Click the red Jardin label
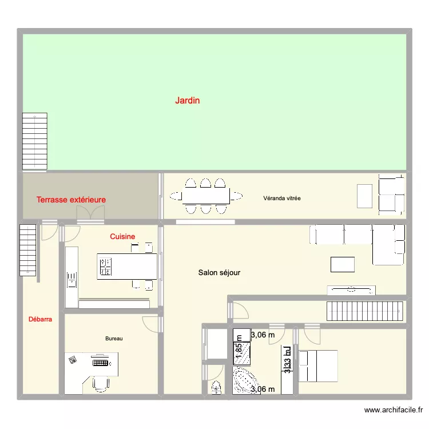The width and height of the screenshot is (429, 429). click(188, 101)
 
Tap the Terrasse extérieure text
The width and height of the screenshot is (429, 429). click(71, 200)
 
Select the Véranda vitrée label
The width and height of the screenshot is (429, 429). click(281, 198)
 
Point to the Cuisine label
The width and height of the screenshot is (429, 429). click(122, 236)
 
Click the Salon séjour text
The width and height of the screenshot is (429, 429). click(219, 273)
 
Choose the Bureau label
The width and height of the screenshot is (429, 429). click(114, 339)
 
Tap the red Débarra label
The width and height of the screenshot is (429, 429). click(40, 320)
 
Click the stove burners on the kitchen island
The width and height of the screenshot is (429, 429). click(106, 267)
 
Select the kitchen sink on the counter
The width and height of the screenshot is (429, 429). click(72, 280)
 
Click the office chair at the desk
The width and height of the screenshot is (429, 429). click(101, 383)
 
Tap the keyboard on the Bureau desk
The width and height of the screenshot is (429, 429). click(101, 362)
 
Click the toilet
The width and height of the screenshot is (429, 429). click(216, 387)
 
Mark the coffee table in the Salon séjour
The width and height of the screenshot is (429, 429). click(342, 264)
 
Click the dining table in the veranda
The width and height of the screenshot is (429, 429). click(205, 196)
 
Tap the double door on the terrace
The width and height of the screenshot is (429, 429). click(90, 214)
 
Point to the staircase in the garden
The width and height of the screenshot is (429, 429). click(34, 141)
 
